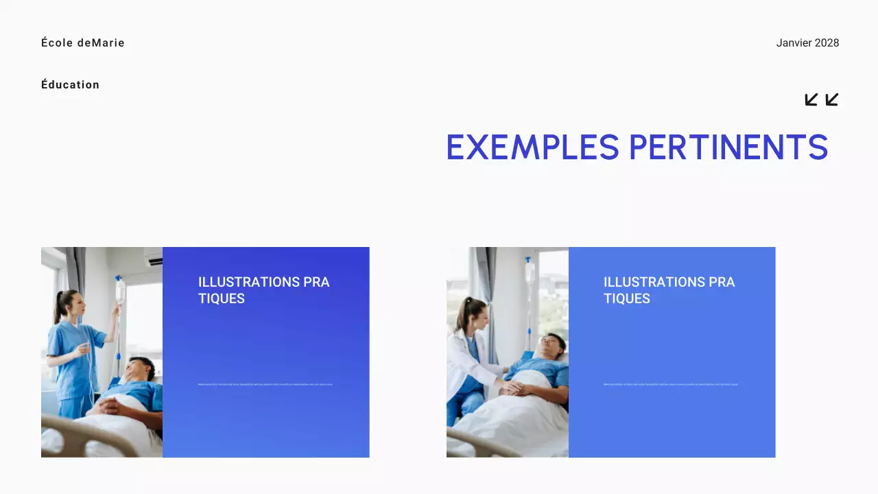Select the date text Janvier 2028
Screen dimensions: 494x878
(x=807, y=43)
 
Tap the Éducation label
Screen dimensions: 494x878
(x=70, y=84)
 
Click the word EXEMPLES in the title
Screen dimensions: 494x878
(x=532, y=147)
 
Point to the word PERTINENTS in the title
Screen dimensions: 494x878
(x=728, y=147)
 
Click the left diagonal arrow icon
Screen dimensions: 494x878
(x=811, y=99)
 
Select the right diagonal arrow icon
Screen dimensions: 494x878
(x=832, y=99)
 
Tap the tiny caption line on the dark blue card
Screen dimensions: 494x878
(x=265, y=384)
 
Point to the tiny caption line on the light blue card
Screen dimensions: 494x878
(x=670, y=384)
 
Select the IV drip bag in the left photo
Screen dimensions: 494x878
(x=119, y=292)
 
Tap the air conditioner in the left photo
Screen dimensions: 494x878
(x=153, y=257)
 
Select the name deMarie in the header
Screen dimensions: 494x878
(x=101, y=43)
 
